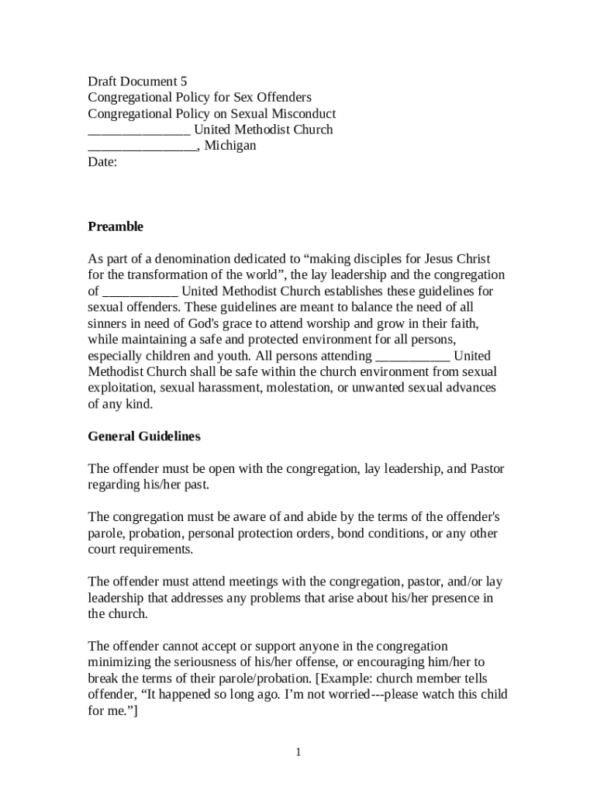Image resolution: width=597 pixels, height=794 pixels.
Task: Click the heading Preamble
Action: pyautogui.click(x=116, y=226)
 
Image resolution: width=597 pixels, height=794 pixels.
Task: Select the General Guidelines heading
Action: pyautogui.click(x=144, y=437)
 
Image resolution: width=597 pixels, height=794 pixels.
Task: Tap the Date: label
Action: pyautogui.click(x=102, y=162)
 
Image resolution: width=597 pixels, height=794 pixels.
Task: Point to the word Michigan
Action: pyautogui.click(x=230, y=146)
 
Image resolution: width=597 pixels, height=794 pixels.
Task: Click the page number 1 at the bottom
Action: pyautogui.click(x=298, y=752)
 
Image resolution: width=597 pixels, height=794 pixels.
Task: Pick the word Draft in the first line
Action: pyautogui.click(x=103, y=81)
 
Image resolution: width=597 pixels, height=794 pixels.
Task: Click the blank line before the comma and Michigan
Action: pyautogui.click(x=142, y=146)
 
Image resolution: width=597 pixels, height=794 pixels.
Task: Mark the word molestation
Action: pyautogui.click(x=299, y=388)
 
